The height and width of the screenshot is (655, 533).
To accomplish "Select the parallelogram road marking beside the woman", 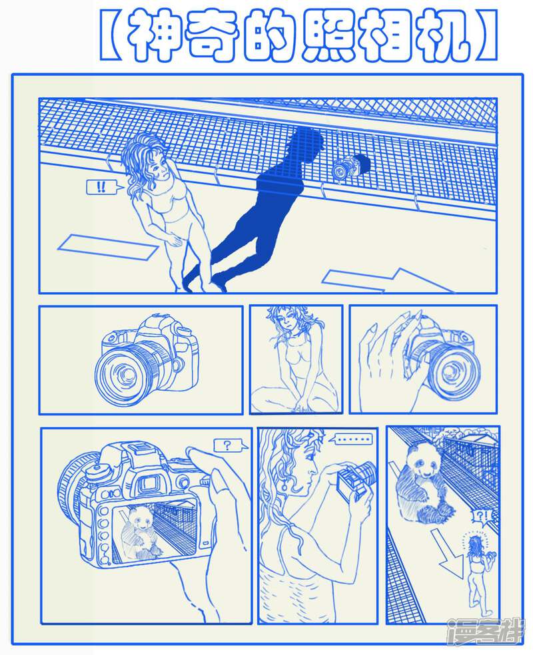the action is point(108,248).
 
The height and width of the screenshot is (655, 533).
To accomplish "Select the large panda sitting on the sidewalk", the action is point(424,483).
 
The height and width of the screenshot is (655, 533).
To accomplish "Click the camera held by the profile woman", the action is point(355,481).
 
